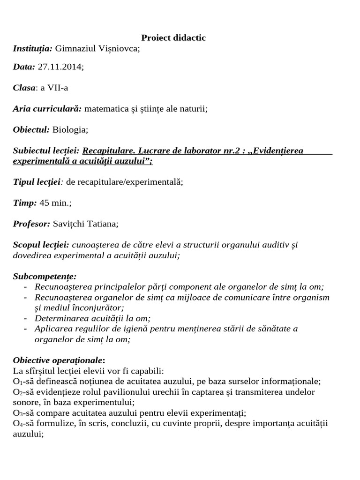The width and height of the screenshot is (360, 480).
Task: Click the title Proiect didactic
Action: point(173,38)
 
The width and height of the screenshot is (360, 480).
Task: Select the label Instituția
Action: point(33,48)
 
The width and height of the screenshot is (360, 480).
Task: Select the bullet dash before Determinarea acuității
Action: point(25,318)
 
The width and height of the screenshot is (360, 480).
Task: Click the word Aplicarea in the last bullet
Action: point(52,329)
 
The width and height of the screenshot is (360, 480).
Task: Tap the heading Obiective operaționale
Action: point(59,360)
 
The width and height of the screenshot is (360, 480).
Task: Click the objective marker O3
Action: point(17,413)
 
